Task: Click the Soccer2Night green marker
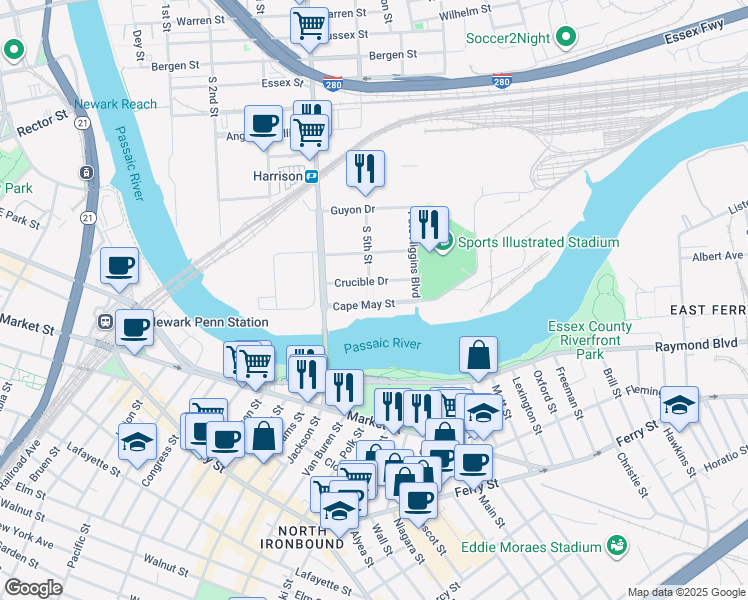point(567,40)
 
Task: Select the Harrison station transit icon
point(312,176)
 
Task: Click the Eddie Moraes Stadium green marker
point(617,546)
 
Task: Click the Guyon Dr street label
point(352,210)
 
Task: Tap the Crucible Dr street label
point(361,282)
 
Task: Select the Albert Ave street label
point(717,257)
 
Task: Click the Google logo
point(34,588)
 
